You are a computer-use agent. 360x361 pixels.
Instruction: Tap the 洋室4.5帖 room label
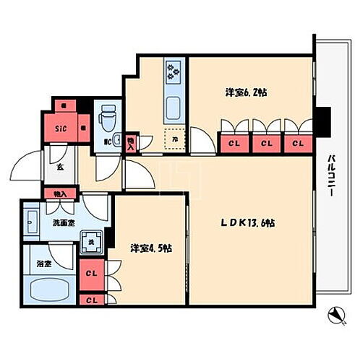(150, 249)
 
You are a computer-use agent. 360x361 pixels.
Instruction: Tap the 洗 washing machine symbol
(91, 241)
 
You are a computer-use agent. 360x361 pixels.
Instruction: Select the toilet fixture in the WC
(108, 113)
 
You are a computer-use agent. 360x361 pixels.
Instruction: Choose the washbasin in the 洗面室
(31, 219)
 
